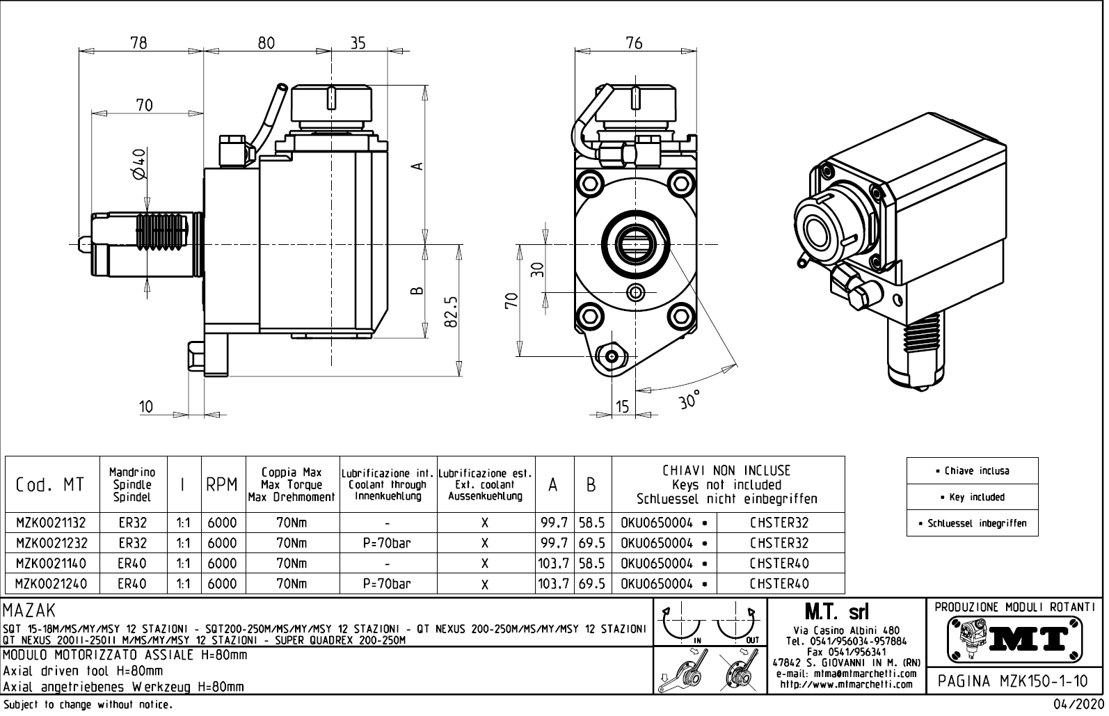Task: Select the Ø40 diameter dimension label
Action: coord(138,163)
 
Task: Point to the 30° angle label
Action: coord(689,400)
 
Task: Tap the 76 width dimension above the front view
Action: coord(634,42)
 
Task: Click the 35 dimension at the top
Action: coord(357,42)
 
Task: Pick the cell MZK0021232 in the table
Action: coord(51,543)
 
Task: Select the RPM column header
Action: coord(222,485)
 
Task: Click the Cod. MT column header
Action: coord(50,485)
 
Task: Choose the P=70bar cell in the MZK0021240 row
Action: coord(387,584)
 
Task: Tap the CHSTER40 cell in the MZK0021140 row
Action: coord(779,564)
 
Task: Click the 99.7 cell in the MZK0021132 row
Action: coord(554,523)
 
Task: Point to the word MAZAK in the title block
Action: coord(29,612)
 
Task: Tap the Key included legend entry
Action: coord(972,497)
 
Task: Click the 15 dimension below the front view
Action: coord(622,406)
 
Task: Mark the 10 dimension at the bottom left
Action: coord(145,406)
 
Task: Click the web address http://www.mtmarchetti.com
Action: coord(846,685)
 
